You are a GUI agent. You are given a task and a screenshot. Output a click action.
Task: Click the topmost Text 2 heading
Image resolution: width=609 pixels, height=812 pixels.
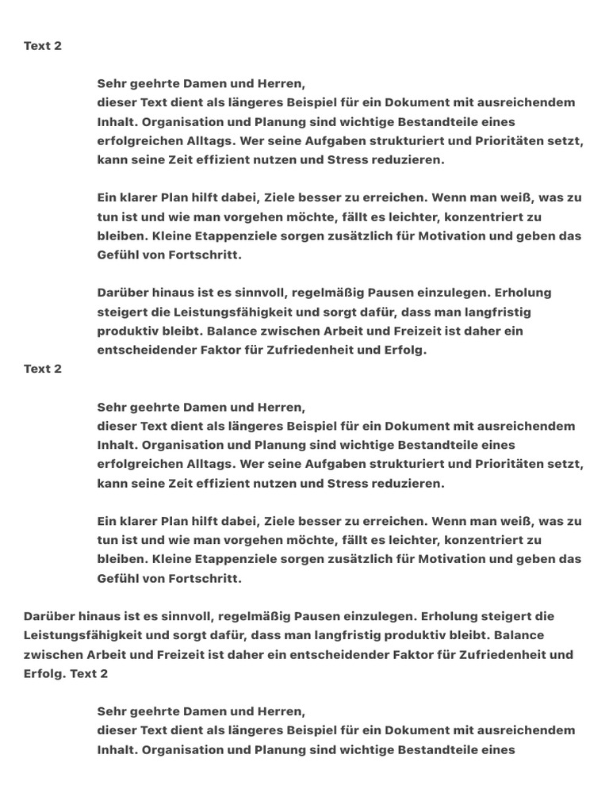click(x=43, y=46)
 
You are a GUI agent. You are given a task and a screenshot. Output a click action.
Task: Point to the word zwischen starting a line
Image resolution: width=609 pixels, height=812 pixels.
click(x=52, y=654)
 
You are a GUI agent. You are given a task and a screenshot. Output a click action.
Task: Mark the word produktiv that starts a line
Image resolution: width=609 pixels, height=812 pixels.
click(x=128, y=331)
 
